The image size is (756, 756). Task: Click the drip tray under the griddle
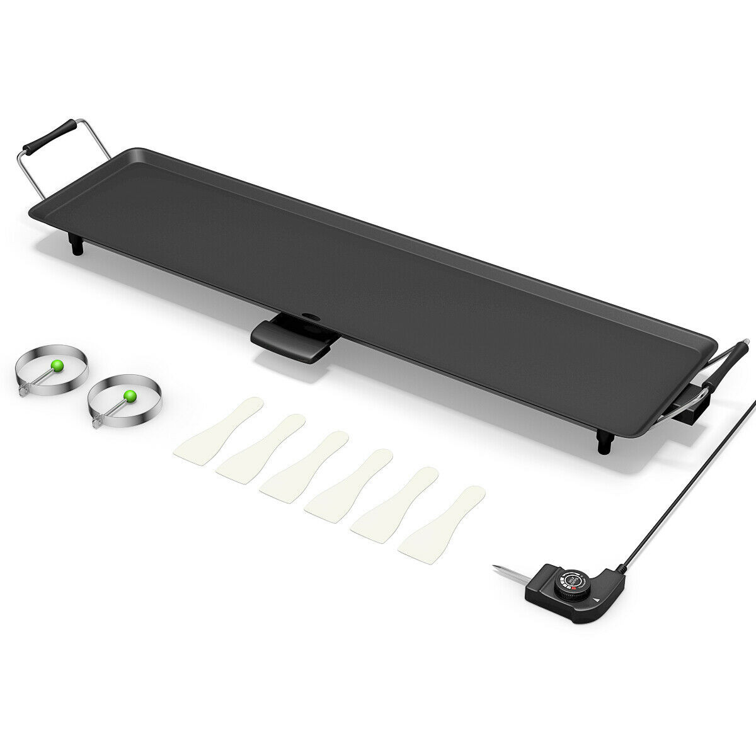[x=291, y=341]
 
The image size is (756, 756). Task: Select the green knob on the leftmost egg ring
[x=57, y=364]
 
